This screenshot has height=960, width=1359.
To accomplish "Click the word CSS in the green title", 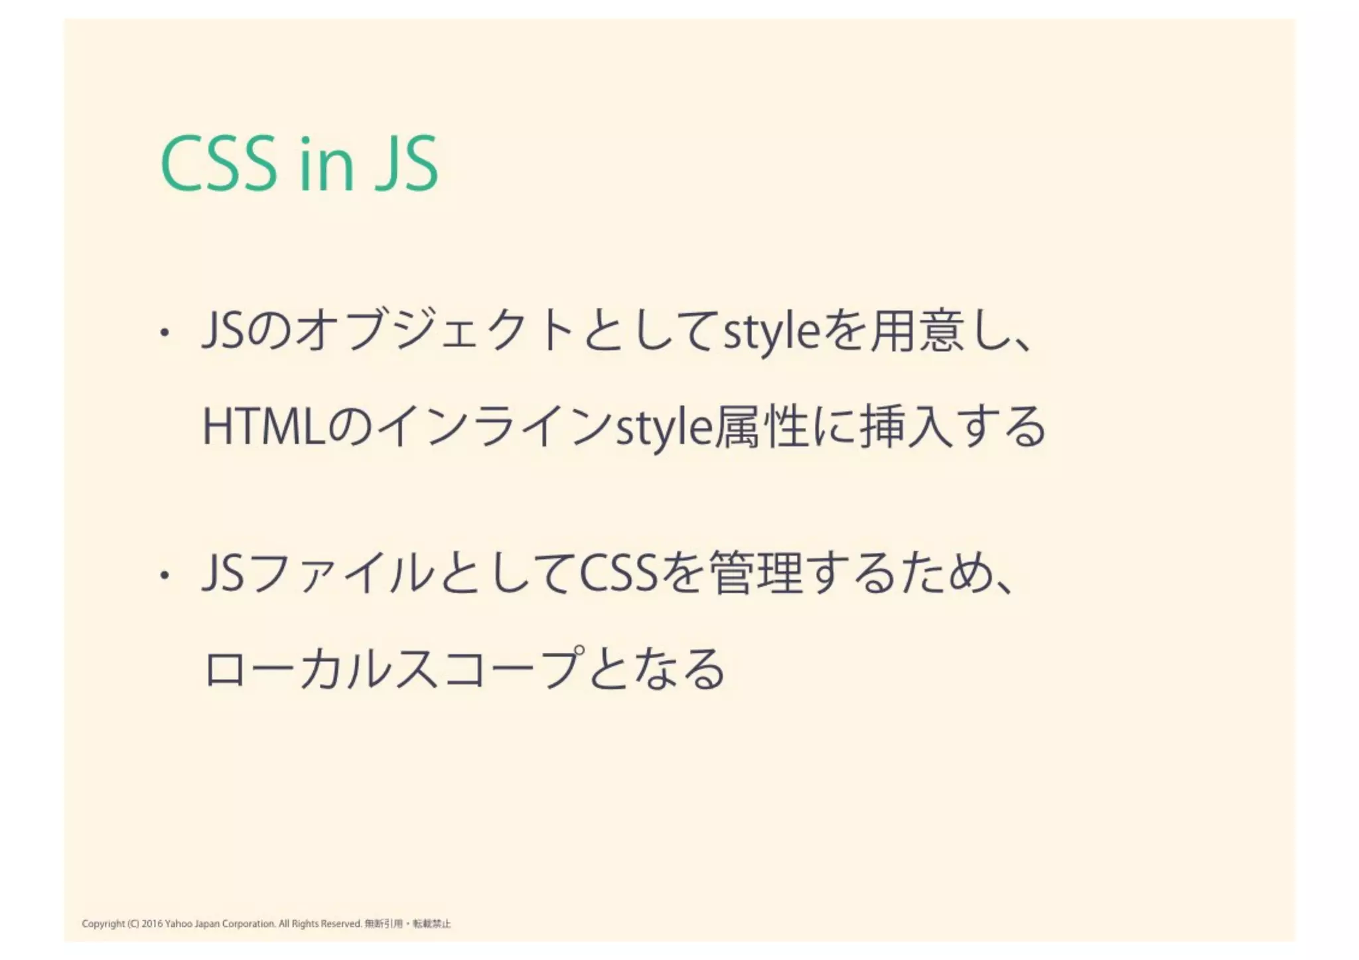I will click(x=218, y=164).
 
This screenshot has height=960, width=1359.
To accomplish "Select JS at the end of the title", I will click(x=406, y=164).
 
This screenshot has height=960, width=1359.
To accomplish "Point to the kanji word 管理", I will click(x=757, y=575).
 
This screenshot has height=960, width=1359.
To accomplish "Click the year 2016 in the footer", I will click(x=152, y=924).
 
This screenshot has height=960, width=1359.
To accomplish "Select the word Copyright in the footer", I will click(x=104, y=924).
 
